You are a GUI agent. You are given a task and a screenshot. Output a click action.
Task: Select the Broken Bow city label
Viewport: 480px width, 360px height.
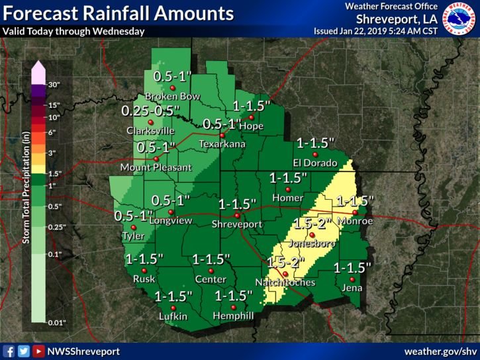pos(172,97)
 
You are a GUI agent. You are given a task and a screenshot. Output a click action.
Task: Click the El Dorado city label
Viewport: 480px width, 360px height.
pos(315,163)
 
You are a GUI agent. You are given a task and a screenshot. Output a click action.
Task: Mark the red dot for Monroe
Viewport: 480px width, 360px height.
pos(355,212)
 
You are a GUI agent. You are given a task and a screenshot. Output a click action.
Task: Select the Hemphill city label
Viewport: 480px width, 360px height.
pos(232,317)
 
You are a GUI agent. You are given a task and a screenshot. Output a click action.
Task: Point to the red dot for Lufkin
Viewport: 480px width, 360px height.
pos(173,308)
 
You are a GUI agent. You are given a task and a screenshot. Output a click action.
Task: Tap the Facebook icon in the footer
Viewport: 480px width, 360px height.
pos(9,351)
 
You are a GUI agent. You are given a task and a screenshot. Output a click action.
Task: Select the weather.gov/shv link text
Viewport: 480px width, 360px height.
pos(441,351)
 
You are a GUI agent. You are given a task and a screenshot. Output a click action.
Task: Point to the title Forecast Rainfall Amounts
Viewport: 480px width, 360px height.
pos(119,13)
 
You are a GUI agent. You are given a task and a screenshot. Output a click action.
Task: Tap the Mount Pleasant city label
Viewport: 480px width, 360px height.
pos(156,167)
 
